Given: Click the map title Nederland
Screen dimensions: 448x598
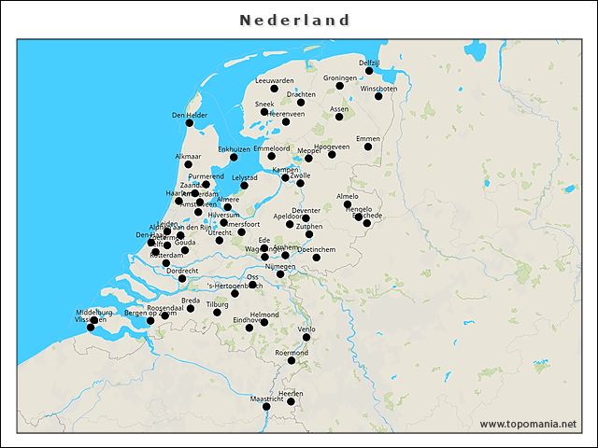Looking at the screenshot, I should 294,21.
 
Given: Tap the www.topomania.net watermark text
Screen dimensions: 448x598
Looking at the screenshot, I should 528,424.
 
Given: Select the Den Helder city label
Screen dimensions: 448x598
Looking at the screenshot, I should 190,115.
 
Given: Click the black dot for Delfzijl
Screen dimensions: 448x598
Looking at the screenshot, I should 369,71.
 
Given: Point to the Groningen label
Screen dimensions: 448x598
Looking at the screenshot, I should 340,77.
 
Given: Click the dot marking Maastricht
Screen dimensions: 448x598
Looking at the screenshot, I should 266,406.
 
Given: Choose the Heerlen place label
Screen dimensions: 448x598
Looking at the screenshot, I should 291,394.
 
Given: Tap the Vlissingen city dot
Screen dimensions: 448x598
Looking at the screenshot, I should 92,328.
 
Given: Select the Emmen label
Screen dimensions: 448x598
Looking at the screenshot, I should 368,138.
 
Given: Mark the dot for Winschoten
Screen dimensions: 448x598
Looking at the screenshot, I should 378,96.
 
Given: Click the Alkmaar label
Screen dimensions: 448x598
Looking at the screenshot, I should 188,156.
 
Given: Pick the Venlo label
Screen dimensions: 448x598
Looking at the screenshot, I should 306,329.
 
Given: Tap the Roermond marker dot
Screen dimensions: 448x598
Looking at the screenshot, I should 292,360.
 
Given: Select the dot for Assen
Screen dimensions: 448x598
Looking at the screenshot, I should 339,117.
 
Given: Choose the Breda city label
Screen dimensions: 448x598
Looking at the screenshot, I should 191,301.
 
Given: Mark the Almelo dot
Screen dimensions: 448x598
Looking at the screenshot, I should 347,204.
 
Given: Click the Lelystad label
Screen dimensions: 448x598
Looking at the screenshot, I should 245,176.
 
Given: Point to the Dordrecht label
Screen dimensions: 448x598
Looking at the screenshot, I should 182,271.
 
